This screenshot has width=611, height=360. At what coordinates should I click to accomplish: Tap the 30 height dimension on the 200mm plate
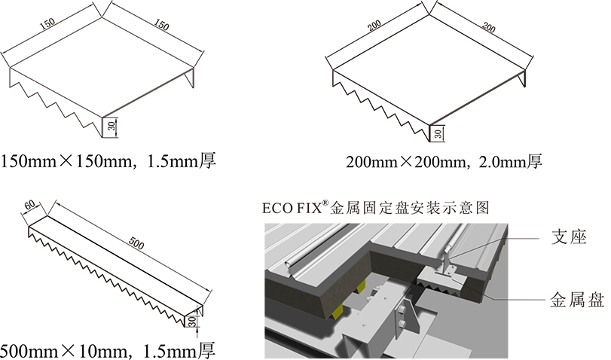[x=438, y=133]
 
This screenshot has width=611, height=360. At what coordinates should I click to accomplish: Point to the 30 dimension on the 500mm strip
[x=192, y=321]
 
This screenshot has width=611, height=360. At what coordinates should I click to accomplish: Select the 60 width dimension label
[x=29, y=205]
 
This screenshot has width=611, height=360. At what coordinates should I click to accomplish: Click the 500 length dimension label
[x=136, y=243]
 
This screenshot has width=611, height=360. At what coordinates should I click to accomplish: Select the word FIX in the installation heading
[x=310, y=208]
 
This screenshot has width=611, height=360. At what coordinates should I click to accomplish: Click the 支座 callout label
[x=569, y=237]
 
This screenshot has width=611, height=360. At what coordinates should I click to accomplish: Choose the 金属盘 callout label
[x=577, y=300]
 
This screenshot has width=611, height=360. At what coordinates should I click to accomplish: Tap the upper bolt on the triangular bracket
[x=401, y=310]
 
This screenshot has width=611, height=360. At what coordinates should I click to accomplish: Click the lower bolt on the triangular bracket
[x=401, y=322]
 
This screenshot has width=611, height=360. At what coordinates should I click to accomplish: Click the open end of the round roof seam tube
[x=288, y=264]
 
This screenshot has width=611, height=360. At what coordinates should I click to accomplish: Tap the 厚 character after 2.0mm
[x=535, y=161]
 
